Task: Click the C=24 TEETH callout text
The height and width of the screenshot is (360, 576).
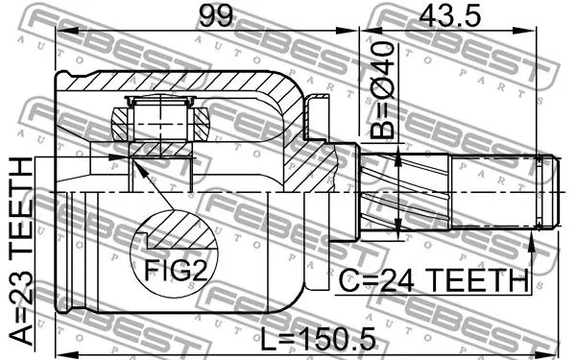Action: point(435,281)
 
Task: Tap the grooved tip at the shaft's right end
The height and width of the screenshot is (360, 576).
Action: point(546,193)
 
